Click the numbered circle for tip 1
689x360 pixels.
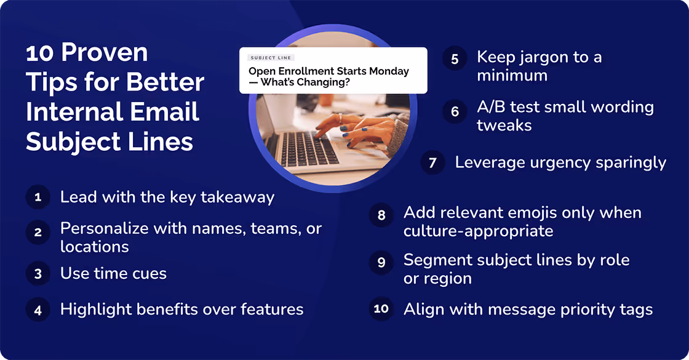(x=38, y=198)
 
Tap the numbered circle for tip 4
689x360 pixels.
(x=38, y=310)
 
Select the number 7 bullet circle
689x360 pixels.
(x=432, y=162)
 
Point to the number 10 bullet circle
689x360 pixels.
(x=381, y=308)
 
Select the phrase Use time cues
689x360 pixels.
(x=113, y=273)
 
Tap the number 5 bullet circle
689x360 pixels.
(x=455, y=59)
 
